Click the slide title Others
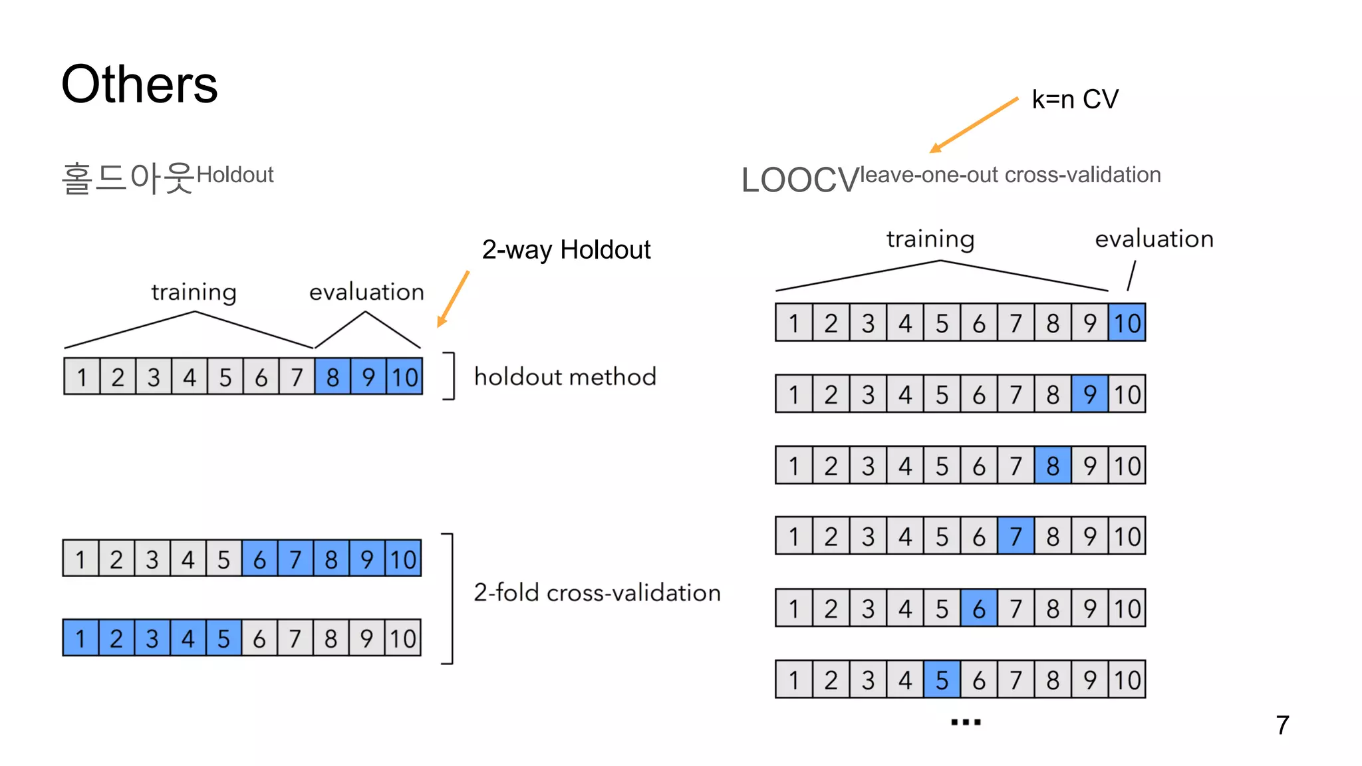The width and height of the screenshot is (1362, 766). click(x=140, y=84)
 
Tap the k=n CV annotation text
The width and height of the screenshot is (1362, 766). click(x=1075, y=100)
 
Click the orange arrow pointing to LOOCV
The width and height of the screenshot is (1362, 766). click(x=974, y=125)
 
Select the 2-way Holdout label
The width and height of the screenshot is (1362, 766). click(x=566, y=250)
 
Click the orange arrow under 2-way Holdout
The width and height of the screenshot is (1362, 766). click(x=454, y=299)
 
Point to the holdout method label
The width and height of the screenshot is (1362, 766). click(x=565, y=377)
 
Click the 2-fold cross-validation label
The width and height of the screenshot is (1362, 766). click(x=597, y=592)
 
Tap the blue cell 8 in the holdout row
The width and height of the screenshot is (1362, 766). click(x=333, y=377)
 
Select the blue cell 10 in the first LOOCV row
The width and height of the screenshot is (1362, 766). click(x=1127, y=323)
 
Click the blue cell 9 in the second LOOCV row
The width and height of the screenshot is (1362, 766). click(x=1089, y=394)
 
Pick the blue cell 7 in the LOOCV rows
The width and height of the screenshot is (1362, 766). click(x=1016, y=536)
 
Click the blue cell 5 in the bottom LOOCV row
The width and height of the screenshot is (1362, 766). click(x=942, y=680)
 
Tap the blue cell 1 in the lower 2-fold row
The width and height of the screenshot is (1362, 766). click(x=80, y=638)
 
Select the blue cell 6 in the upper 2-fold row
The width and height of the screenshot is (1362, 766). click(x=259, y=559)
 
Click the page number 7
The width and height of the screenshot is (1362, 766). click(x=1282, y=725)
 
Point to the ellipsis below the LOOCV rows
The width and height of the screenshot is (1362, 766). click(x=966, y=722)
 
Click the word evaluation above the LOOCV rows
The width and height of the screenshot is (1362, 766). click(x=1154, y=239)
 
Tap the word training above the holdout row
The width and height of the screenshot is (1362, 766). click(x=194, y=292)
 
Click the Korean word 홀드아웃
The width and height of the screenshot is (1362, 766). click(x=128, y=178)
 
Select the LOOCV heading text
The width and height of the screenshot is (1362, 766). click(x=800, y=180)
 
